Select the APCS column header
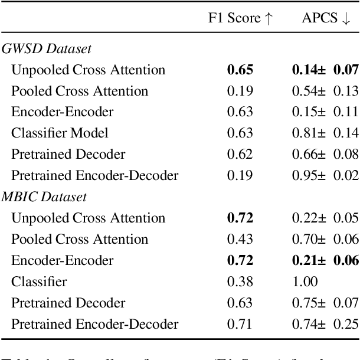(x=326, y=19)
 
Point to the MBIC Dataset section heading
(x=44, y=197)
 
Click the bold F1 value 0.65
(x=240, y=70)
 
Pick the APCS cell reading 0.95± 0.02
(x=325, y=176)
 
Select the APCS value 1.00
(x=305, y=282)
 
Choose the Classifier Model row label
(x=60, y=133)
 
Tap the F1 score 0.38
(x=240, y=282)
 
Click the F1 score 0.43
(x=240, y=240)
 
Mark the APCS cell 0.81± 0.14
(x=325, y=133)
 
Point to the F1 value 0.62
(x=240, y=155)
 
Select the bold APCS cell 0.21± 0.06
(x=325, y=261)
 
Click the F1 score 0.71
(x=240, y=324)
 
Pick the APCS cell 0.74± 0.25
(x=325, y=324)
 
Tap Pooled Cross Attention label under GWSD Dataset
(x=80, y=91)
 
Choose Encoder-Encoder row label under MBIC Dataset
(x=62, y=261)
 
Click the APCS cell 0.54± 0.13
(x=325, y=91)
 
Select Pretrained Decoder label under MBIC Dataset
(x=68, y=303)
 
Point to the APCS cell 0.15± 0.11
(x=325, y=112)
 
